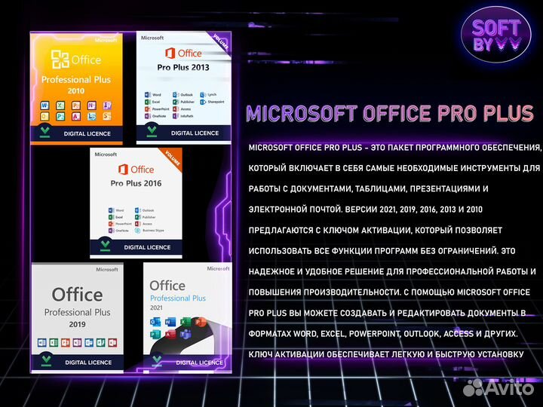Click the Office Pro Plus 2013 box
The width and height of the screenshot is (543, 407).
pyautogui.click(x=183, y=87)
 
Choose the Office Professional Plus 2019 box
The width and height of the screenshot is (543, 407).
pyautogui.click(x=77, y=317)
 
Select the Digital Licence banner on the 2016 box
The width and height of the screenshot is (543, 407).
pyautogui.click(x=137, y=246)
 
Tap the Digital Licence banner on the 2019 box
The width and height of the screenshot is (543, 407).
pyautogui.click(x=78, y=362)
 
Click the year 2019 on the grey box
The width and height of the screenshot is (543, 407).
pyautogui.click(x=77, y=325)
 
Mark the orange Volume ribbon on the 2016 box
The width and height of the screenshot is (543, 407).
pyautogui.click(x=173, y=160)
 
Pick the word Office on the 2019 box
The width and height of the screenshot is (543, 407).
pyautogui.click(x=77, y=294)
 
